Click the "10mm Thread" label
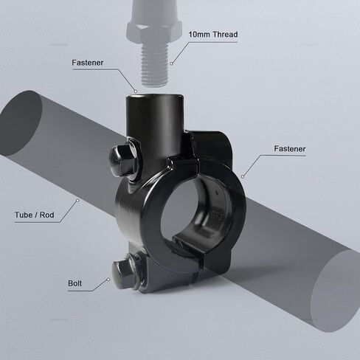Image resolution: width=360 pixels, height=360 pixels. click(213, 34)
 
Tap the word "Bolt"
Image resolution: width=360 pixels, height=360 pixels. click(75, 283)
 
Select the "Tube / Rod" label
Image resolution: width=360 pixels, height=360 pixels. click(35, 215)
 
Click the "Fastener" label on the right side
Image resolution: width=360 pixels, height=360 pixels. click(290, 149)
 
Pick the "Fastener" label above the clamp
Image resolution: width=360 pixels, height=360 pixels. click(88, 63)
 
